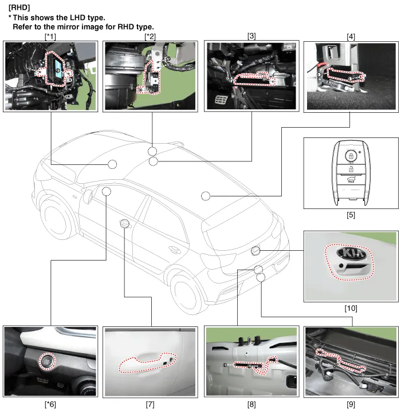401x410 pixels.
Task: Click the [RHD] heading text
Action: click(19, 7)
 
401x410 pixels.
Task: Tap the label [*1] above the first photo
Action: click(50, 36)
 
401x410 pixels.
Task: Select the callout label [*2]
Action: click(150, 36)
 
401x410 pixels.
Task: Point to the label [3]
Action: click(251, 36)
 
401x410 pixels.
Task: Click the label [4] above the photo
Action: click(351, 36)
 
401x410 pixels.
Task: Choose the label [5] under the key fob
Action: click(351, 215)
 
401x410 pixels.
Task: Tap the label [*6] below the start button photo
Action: click(50, 404)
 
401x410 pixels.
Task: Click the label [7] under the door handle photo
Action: click(150, 404)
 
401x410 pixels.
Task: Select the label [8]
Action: click(251, 404)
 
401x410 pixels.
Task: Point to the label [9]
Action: click(351, 404)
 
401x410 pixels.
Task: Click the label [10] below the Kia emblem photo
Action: click(351, 308)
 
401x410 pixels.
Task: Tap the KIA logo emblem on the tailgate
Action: click(351, 253)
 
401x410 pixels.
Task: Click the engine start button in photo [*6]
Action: click(48, 361)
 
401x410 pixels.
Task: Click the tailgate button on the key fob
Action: click(351, 180)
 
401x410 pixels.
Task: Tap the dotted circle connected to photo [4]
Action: click(206, 196)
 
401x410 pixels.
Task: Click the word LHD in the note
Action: click(77, 18)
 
